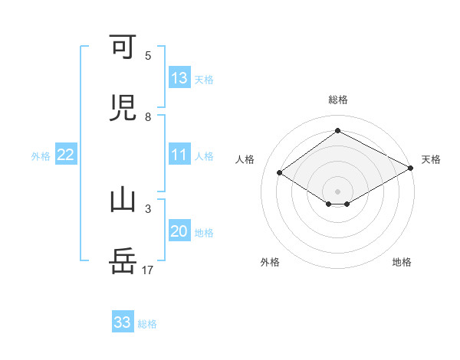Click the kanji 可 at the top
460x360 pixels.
click(x=123, y=48)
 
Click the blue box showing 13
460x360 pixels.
click(x=179, y=77)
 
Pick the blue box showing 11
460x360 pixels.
click(x=179, y=155)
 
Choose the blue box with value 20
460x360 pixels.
click(x=179, y=231)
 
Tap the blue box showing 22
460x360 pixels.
click(x=66, y=155)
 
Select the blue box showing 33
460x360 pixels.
click(x=123, y=322)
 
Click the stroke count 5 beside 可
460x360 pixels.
click(x=148, y=56)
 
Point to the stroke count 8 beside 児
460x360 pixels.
click(x=148, y=117)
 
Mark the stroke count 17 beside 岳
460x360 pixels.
click(x=148, y=270)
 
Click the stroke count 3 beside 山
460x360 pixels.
click(x=148, y=208)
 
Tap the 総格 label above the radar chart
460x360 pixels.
click(x=338, y=100)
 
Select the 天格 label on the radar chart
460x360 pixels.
click(x=431, y=159)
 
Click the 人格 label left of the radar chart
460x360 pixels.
click(x=245, y=159)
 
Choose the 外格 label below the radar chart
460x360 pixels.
click(x=270, y=262)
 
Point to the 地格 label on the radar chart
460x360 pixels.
click(x=402, y=262)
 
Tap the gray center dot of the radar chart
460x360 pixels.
click(x=337, y=191)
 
